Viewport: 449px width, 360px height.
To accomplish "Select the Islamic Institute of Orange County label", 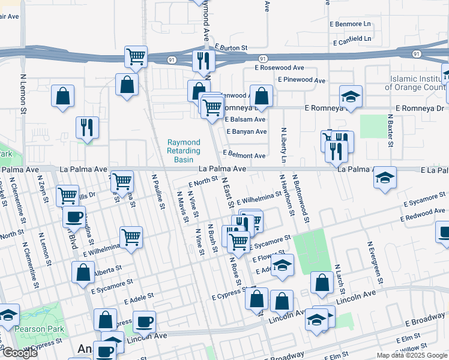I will tap(419, 83).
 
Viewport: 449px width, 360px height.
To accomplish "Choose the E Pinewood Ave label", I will tap(301, 80).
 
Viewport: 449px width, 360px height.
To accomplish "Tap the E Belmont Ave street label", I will tap(244, 155).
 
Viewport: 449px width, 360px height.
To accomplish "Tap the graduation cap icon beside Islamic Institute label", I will tap(351, 95).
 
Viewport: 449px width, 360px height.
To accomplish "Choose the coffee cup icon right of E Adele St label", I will tap(143, 321).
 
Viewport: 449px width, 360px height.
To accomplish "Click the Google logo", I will tap(19, 353).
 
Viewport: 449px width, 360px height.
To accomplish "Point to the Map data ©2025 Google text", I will tap(411, 355).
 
